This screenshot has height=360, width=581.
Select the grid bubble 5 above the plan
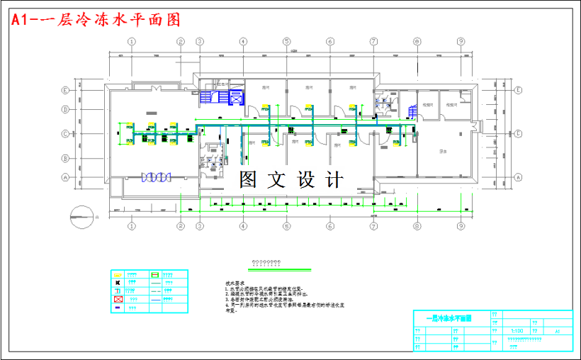coord(286,42)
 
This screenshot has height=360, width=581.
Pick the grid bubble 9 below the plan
coord(461,227)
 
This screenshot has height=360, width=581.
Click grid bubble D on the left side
coord(64,109)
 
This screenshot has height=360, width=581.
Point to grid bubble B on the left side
coord(64,158)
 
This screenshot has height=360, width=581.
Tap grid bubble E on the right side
coord(518,91)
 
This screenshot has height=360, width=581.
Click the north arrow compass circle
coord(81,215)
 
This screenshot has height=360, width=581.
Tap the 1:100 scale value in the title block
coord(517,331)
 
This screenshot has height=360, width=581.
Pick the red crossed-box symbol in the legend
coord(118,300)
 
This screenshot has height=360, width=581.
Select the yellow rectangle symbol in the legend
coord(118,274)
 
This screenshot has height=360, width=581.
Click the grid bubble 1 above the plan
coord(131,42)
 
